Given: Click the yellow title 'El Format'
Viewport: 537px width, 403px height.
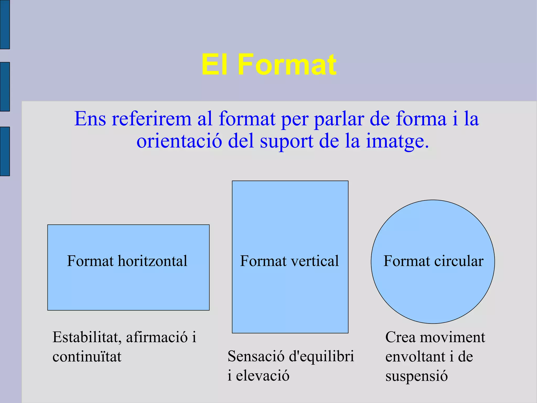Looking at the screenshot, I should (269, 65).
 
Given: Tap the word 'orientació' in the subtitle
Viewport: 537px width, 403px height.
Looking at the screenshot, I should (179, 141).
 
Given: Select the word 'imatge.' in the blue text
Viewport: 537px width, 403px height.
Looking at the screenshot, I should (398, 141).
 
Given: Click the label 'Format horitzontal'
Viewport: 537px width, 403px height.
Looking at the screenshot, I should (127, 261).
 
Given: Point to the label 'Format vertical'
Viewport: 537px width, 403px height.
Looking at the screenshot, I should (289, 261).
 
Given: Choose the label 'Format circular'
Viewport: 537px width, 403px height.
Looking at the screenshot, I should (433, 261).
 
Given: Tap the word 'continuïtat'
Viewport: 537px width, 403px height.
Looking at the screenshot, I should (87, 357).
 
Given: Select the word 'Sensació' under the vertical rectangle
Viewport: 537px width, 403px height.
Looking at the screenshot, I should (256, 356).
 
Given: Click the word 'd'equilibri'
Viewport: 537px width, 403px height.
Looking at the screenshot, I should (321, 356).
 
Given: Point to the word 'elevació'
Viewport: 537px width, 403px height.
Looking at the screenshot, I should (262, 376).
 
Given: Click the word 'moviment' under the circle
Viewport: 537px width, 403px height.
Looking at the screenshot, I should (452, 337).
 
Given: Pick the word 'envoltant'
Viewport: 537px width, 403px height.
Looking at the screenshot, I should (415, 357).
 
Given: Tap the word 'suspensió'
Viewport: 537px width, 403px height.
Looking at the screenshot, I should (416, 376).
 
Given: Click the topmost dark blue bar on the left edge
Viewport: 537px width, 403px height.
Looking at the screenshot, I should (5, 24).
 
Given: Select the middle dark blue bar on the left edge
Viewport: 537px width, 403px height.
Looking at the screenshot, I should (5, 87).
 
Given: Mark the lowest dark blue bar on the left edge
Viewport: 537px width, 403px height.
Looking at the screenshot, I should (5, 151).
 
